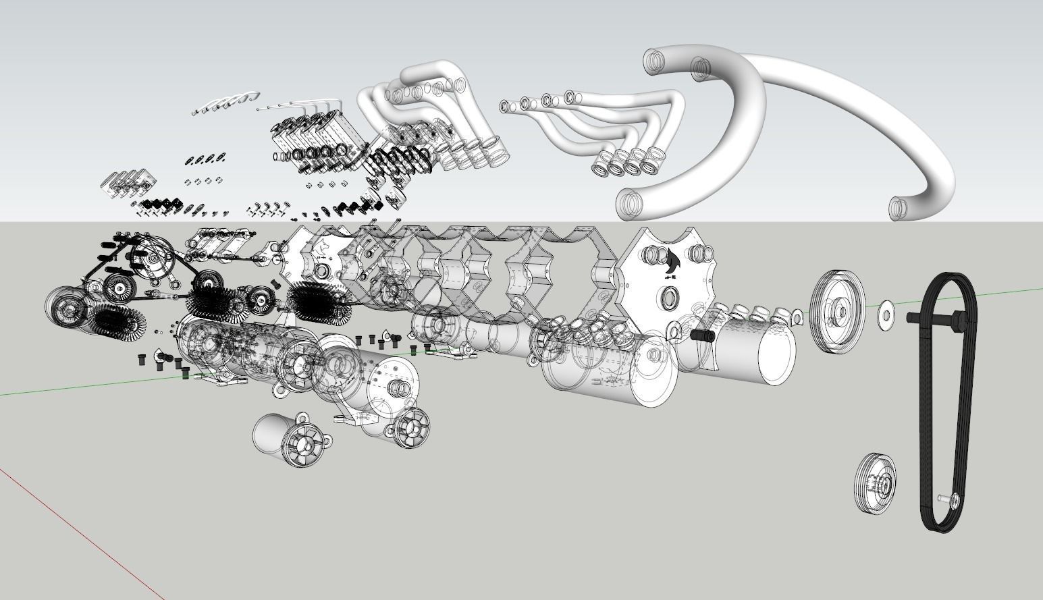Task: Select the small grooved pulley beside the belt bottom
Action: [x=876, y=483]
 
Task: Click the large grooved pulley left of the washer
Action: [x=837, y=310]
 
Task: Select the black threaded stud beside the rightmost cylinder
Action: [x=702, y=335]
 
